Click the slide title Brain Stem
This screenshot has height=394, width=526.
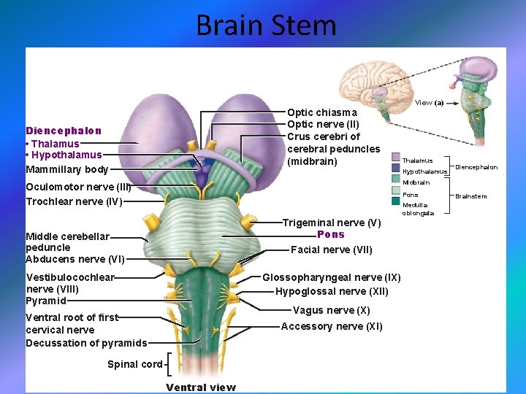click(x=266, y=26)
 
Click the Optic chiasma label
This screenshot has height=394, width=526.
click(x=321, y=112)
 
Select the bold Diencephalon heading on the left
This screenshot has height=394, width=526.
click(x=64, y=131)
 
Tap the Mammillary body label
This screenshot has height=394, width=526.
click(x=66, y=169)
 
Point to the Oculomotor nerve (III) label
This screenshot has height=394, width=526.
click(x=78, y=187)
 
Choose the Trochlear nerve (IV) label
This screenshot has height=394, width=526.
click(x=74, y=201)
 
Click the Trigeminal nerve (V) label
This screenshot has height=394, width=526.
click(x=332, y=223)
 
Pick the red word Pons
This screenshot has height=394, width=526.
click(x=331, y=234)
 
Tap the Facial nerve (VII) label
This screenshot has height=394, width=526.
click(x=331, y=250)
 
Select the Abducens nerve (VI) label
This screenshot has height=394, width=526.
click(x=75, y=259)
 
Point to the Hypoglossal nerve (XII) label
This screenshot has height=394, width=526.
click(x=332, y=291)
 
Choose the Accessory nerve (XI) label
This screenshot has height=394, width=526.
click(x=332, y=326)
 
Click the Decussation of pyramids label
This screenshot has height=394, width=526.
click(x=86, y=343)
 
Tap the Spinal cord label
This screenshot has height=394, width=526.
click(x=134, y=364)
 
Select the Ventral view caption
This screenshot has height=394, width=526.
click(x=200, y=387)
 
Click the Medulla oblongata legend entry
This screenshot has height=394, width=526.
click(x=418, y=209)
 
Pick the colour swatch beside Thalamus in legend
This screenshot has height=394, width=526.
click(x=395, y=160)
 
